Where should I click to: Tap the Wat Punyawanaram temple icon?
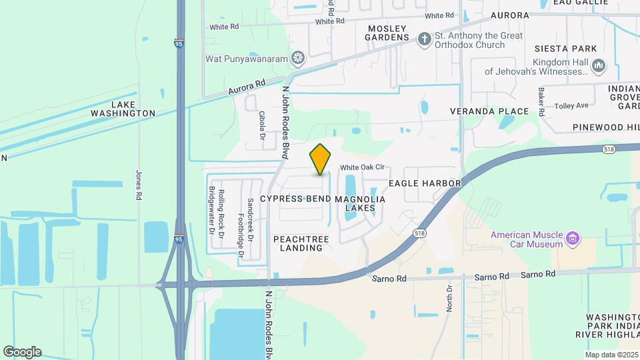[x=299, y=59]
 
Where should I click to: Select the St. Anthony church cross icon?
[x=423, y=39]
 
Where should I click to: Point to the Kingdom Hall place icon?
[x=598, y=65]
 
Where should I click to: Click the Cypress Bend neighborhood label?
[x=295, y=199]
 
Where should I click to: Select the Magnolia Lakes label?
[x=360, y=203]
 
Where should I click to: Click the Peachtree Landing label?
[x=298, y=243]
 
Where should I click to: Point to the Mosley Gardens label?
[x=387, y=33]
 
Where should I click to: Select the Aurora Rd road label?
[x=247, y=87]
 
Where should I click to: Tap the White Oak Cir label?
[x=363, y=168]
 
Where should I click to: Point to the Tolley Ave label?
[x=572, y=105]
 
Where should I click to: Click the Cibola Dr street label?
[x=262, y=125]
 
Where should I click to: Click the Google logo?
[x=22, y=352]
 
